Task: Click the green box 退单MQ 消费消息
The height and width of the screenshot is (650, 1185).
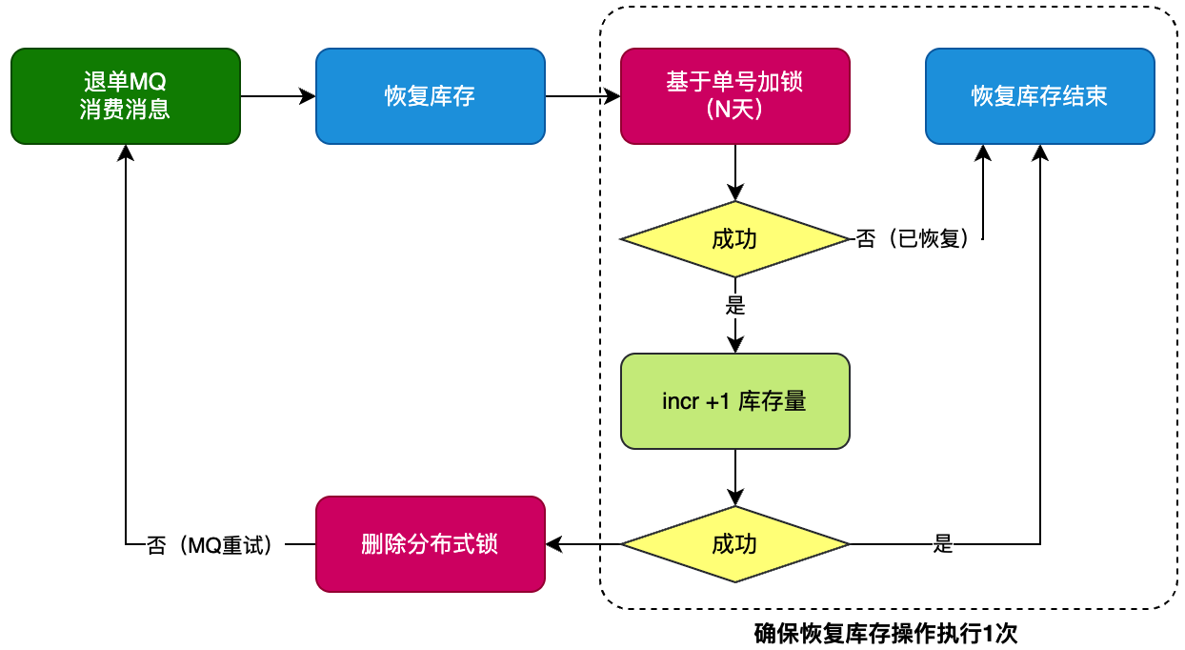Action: (126, 96)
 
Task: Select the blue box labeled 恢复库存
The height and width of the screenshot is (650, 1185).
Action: (431, 96)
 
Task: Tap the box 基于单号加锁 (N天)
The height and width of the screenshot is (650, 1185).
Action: (735, 96)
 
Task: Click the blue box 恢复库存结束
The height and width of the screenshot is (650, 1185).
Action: (1040, 96)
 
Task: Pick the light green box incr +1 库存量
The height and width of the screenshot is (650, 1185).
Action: (735, 401)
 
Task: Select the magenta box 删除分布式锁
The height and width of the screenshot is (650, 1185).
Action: (431, 544)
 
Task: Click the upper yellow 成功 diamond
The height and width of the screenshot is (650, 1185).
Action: (735, 239)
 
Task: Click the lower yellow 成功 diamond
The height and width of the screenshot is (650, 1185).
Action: (735, 544)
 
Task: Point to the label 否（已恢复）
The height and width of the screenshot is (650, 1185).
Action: (914, 238)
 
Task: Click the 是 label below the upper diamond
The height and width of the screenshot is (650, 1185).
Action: (735, 305)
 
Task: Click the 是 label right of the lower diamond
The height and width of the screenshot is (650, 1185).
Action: (943, 543)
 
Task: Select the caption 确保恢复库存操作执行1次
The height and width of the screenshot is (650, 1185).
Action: (886, 633)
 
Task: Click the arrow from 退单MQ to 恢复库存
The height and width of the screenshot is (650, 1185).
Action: (278, 96)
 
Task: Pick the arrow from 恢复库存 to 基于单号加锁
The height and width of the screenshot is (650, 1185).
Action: (583, 96)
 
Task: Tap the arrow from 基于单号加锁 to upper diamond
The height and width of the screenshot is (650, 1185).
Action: (735, 173)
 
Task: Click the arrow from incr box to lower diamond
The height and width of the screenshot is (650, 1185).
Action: (735, 478)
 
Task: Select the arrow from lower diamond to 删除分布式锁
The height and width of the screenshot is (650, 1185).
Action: (583, 544)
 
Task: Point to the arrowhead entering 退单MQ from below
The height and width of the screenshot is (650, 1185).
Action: (126, 152)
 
